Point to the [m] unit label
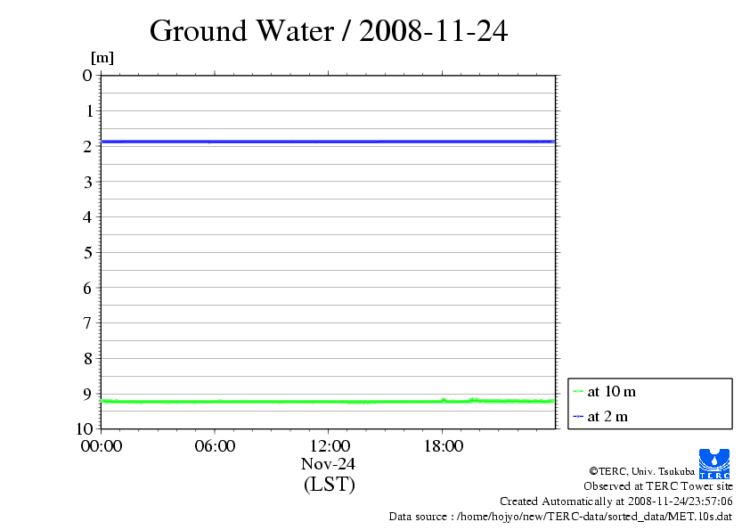tap(102, 58)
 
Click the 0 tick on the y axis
tap(87, 76)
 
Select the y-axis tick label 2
tap(87, 146)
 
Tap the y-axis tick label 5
tap(87, 252)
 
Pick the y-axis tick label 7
tap(87, 322)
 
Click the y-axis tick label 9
tap(87, 393)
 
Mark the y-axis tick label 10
tap(83, 428)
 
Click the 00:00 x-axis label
tap(101, 446)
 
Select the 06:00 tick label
tap(215, 446)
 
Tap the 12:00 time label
tap(329, 446)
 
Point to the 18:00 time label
tap(443, 446)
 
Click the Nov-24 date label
tap(329, 464)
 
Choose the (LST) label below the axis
tap(329, 485)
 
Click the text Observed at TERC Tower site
tap(658, 486)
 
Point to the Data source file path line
tap(560, 517)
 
